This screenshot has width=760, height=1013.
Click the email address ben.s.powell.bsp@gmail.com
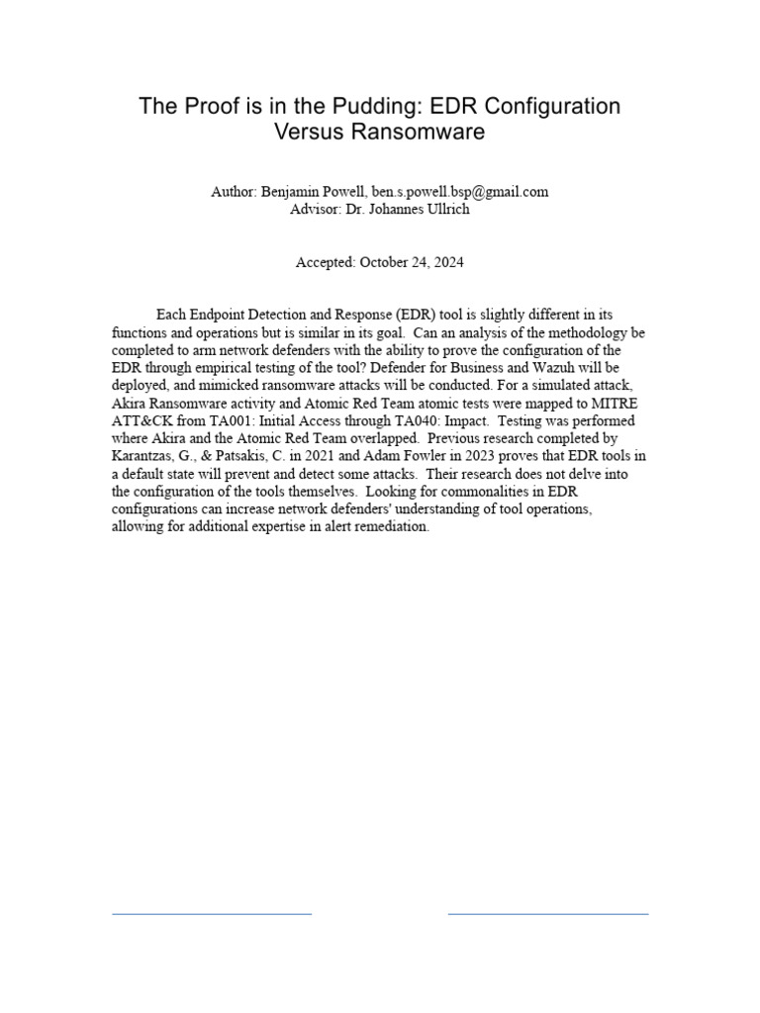pyautogui.click(x=460, y=192)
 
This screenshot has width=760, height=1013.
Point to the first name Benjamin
pyautogui.click(x=291, y=192)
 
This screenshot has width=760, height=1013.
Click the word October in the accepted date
pyautogui.click(x=386, y=262)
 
